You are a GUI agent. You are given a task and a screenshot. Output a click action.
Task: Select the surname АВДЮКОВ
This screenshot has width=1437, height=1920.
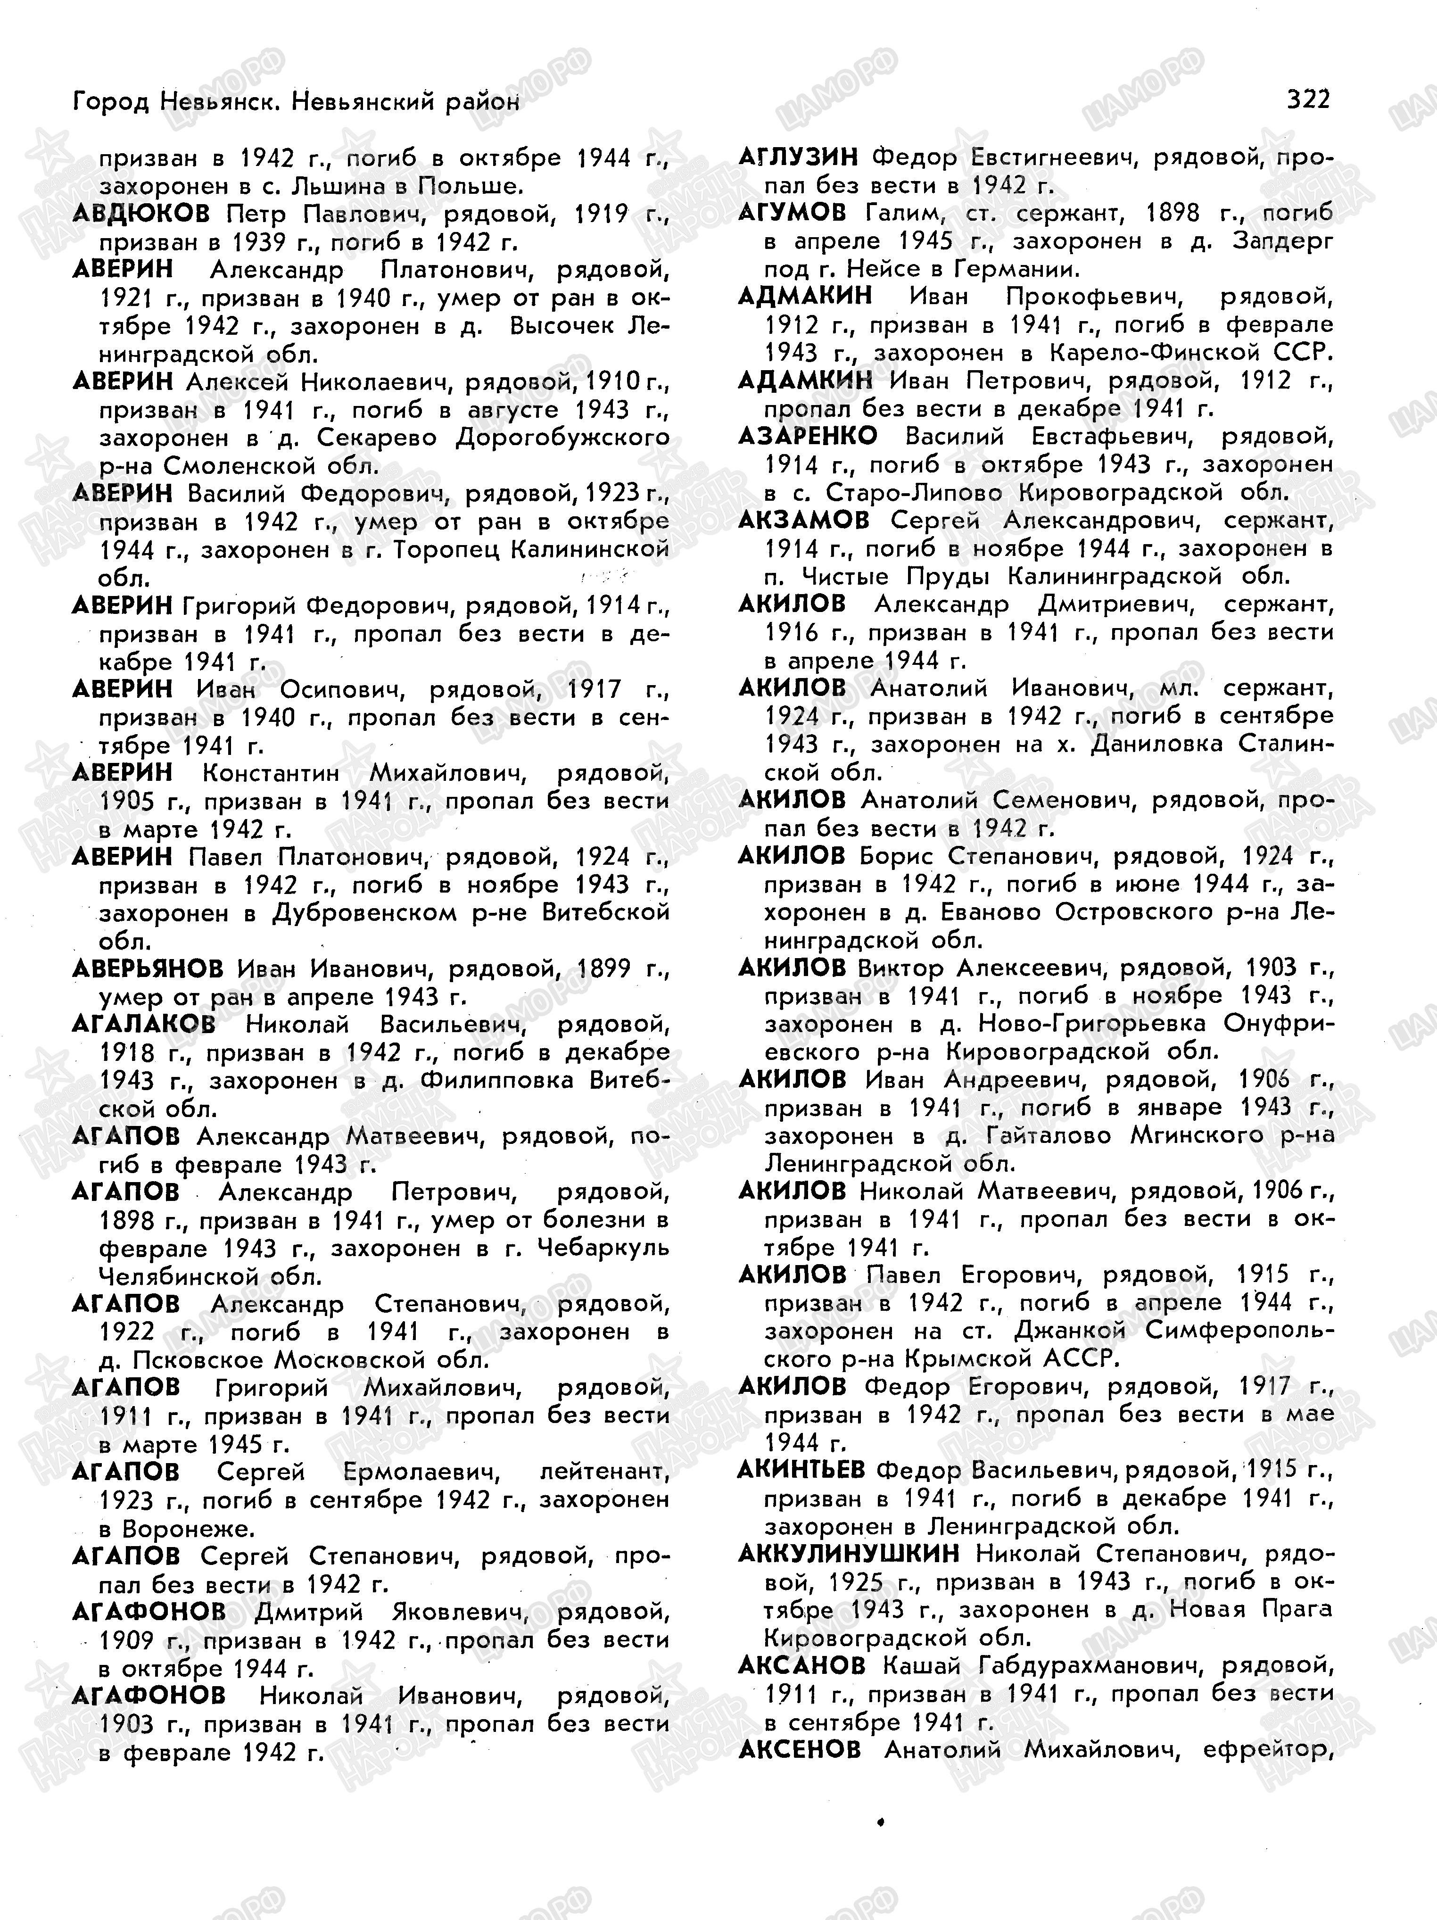click(141, 214)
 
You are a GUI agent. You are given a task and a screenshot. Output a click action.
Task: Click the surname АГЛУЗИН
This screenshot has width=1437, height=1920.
click(798, 157)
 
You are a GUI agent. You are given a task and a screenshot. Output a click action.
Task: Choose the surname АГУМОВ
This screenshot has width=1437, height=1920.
click(792, 213)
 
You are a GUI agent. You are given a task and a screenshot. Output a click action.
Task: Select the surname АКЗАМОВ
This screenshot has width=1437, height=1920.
click(803, 520)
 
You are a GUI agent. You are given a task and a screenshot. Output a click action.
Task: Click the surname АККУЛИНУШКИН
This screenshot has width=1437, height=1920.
click(849, 1553)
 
